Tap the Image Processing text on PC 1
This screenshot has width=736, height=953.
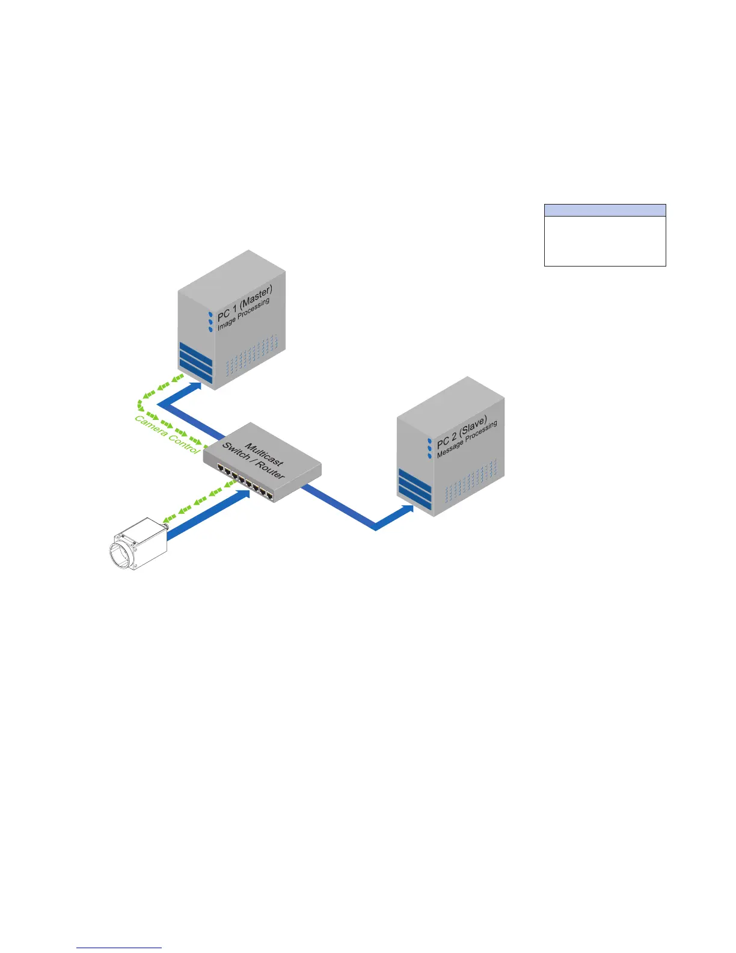(x=244, y=314)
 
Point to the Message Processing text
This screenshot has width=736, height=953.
(x=467, y=440)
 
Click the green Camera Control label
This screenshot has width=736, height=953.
(x=166, y=435)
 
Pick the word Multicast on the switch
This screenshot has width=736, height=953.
(x=264, y=454)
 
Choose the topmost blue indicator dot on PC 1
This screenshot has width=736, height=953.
(x=210, y=314)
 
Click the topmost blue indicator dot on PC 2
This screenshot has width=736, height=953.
(x=429, y=440)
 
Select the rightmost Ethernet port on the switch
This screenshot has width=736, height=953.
(x=270, y=496)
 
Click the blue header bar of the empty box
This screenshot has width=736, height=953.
(x=605, y=210)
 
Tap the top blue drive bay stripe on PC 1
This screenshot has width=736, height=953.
(x=195, y=350)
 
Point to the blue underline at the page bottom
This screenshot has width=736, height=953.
(x=120, y=948)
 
